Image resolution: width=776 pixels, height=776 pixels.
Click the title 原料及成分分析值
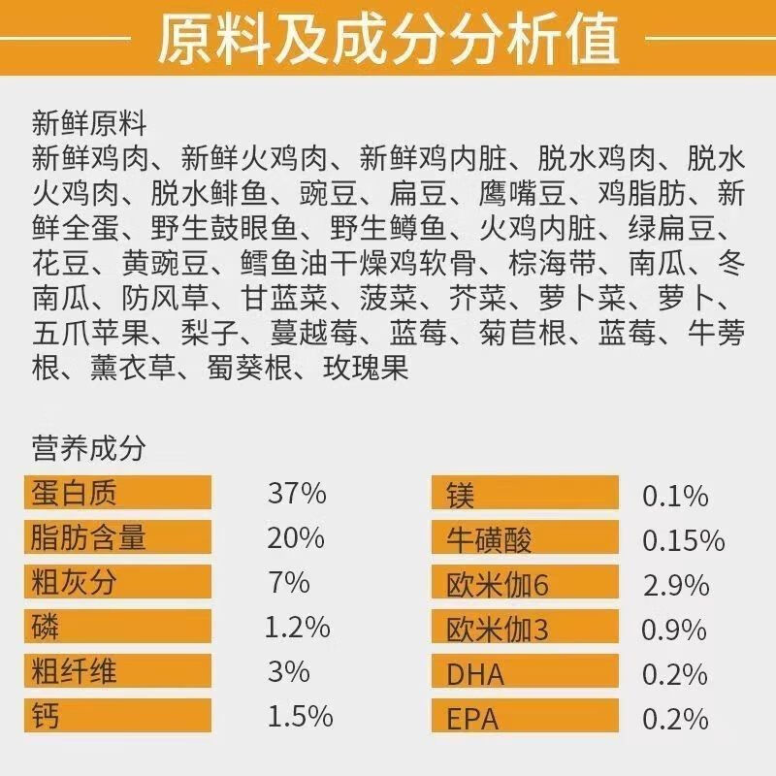(388, 39)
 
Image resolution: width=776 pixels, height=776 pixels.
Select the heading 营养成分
(88, 449)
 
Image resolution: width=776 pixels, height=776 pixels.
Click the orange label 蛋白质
(74, 493)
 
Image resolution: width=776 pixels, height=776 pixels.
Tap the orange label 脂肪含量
(88, 536)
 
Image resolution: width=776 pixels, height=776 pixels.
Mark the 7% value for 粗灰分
(288, 582)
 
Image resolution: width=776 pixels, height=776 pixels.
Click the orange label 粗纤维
(74, 671)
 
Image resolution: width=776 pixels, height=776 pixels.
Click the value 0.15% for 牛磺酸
(683, 540)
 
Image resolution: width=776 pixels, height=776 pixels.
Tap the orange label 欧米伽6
(497, 585)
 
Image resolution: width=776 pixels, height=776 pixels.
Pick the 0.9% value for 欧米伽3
(674, 630)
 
